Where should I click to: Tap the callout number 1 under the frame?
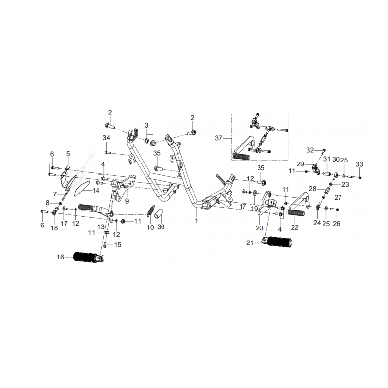pyautogui.click(x=196, y=221)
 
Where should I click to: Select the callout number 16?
pyautogui.click(x=60, y=257)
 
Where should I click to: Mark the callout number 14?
pyautogui.click(x=96, y=191)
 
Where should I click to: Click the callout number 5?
pyautogui.click(x=68, y=154)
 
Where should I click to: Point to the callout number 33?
pyautogui.click(x=359, y=164)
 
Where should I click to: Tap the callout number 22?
pyautogui.click(x=295, y=227)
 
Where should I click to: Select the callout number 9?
pyautogui.click(x=127, y=201)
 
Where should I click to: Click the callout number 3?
pyautogui.click(x=146, y=126)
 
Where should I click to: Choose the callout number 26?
pyautogui.click(x=337, y=224)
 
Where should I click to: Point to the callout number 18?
pyautogui.click(x=54, y=227)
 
